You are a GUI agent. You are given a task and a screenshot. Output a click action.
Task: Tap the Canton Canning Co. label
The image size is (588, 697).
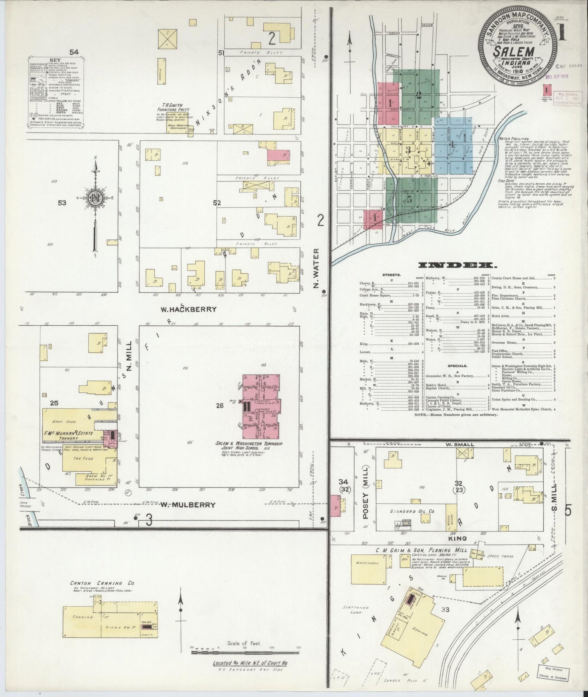click(x=97, y=583)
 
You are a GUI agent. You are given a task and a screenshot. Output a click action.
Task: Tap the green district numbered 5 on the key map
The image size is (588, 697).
click(x=410, y=199)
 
